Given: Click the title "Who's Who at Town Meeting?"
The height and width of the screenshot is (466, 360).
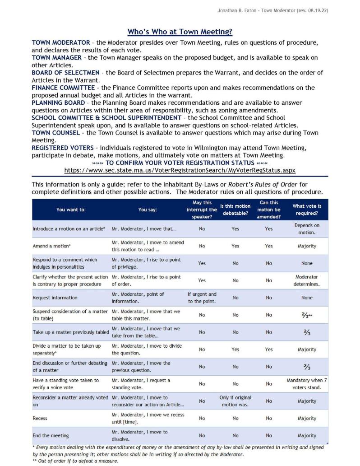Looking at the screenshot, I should point(180,32).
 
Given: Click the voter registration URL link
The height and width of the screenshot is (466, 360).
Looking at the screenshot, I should point(180,170).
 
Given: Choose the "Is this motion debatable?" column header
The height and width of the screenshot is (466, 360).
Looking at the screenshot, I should point(235,210).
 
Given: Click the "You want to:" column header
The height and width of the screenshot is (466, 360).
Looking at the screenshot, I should point(71,210).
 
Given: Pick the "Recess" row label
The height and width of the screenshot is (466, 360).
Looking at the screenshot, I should point(40,418).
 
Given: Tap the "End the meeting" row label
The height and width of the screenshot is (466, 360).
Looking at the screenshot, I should point(51,435).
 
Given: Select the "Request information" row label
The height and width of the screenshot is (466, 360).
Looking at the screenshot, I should point(55,298).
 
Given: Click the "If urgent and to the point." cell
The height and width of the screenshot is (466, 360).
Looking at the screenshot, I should point(202,298).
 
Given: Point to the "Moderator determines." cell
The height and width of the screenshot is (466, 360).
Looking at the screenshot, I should point(307,280).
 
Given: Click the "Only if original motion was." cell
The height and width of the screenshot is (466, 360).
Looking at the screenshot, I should point(235,401).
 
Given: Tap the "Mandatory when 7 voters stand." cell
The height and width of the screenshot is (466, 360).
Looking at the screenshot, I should point(307,384).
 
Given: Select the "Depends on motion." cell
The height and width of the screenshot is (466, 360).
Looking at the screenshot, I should point(307,229).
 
